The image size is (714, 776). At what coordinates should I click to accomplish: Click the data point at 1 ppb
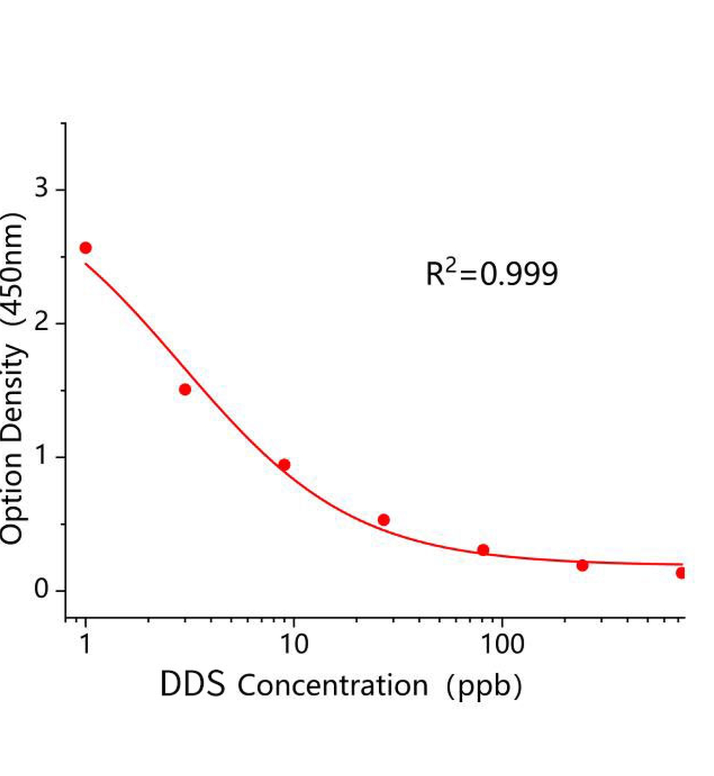(85, 248)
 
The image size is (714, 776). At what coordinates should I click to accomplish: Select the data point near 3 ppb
(185, 389)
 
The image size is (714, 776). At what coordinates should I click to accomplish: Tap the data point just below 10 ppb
(284, 465)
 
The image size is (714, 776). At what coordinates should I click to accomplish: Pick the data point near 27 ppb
(384, 520)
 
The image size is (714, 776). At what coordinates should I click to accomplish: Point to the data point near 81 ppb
(483, 550)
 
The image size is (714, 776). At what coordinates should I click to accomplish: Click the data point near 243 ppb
(583, 566)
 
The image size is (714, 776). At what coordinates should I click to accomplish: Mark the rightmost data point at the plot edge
(681, 573)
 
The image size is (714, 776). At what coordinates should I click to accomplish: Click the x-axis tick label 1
(85, 645)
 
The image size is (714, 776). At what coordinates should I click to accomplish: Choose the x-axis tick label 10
(293, 645)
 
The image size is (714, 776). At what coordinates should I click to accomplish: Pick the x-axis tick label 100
(502, 645)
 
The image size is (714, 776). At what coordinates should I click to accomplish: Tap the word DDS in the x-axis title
(193, 684)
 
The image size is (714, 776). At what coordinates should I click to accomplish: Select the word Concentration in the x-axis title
(333, 686)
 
